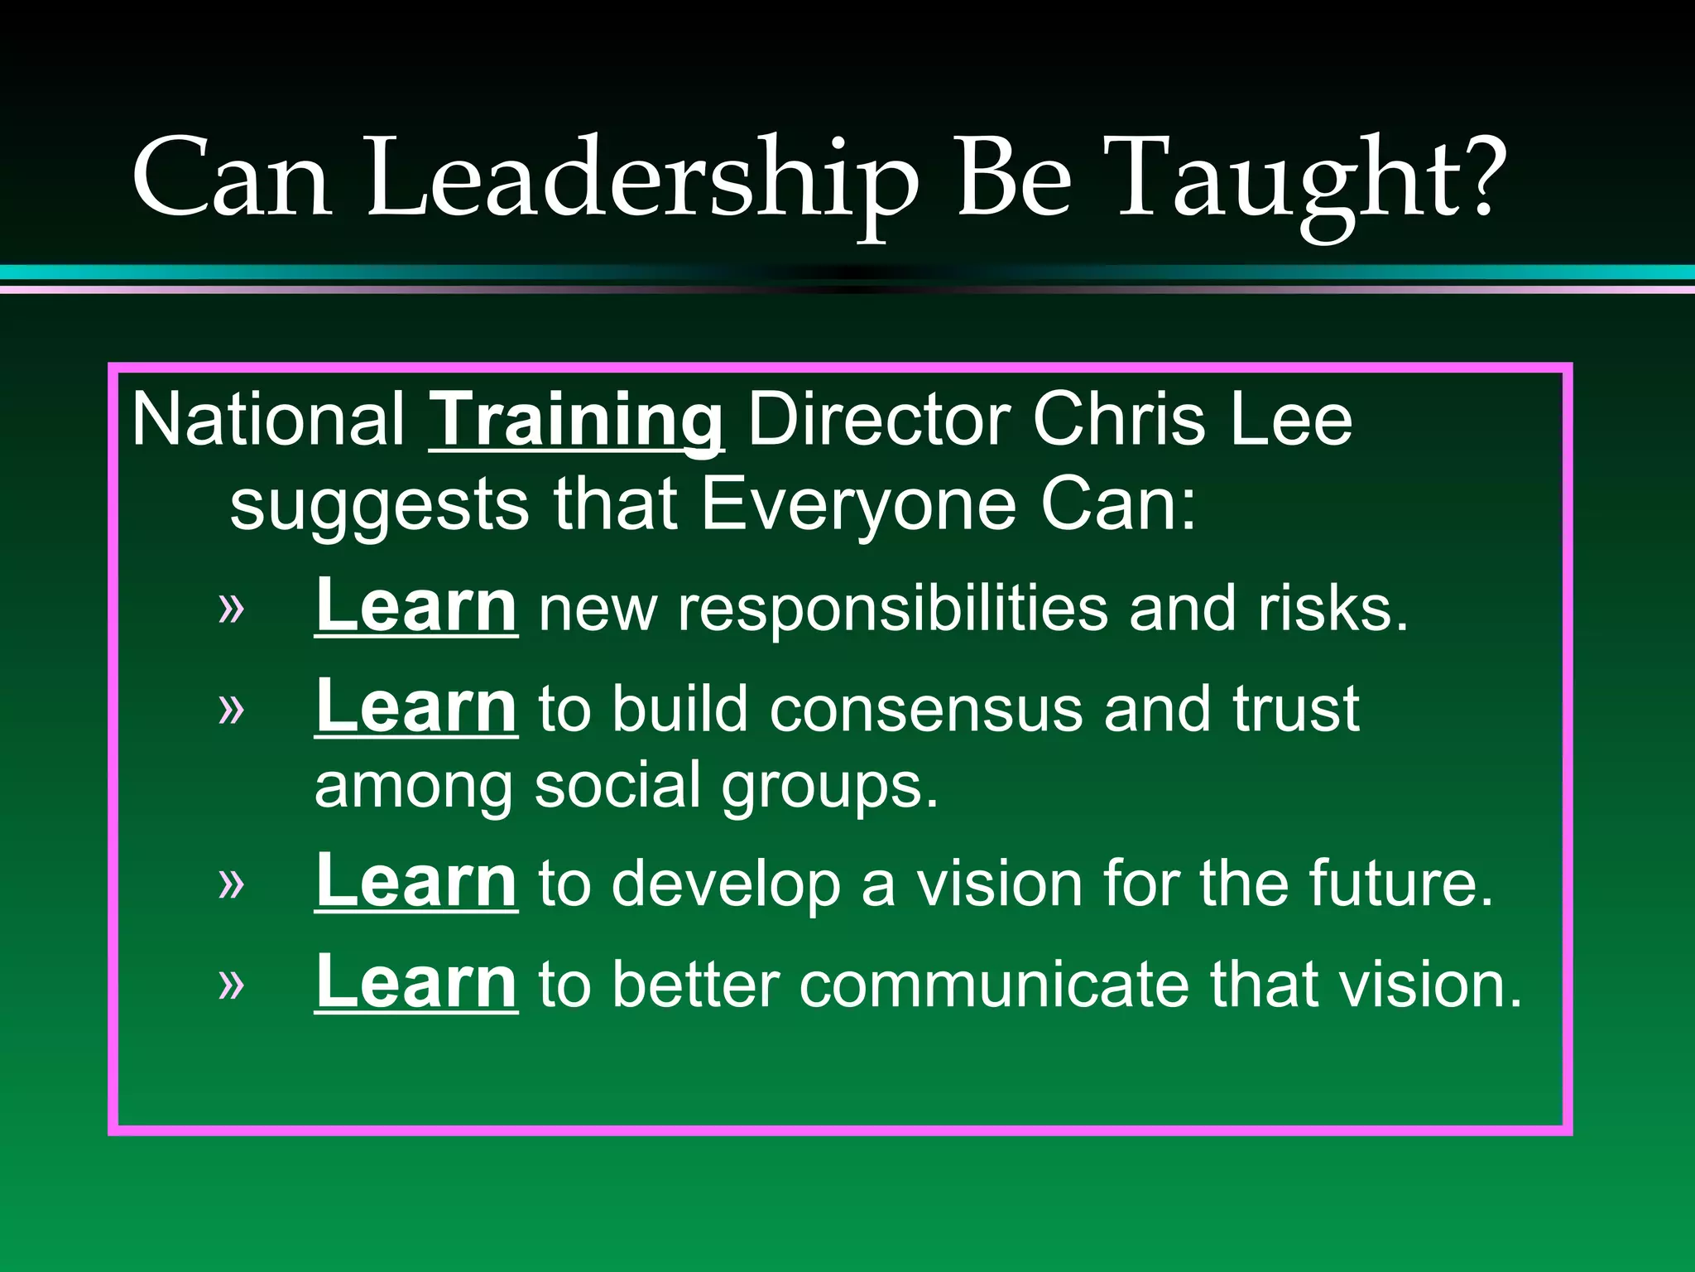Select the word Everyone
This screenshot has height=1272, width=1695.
[858, 505]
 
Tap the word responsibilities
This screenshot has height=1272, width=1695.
[892, 609]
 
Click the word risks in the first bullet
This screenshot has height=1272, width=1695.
[1331, 609]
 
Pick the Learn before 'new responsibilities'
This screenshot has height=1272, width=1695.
[416, 606]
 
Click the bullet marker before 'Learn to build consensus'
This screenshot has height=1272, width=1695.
[232, 709]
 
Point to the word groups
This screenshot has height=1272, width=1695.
[829, 787]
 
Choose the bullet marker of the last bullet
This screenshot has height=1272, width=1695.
[232, 985]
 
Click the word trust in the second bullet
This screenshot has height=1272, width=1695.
[1295, 710]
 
